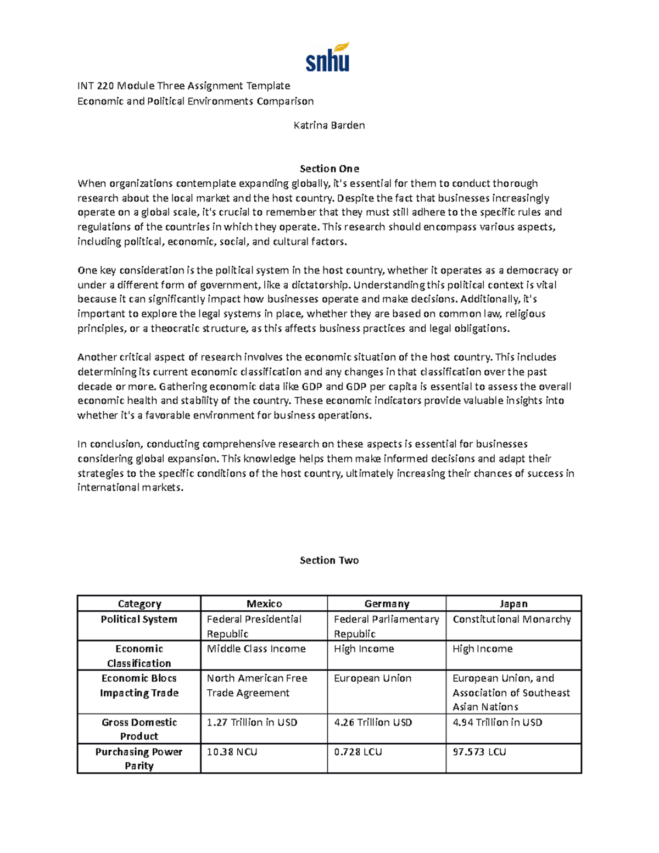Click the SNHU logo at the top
[x=328, y=58]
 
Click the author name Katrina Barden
[x=329, y=125]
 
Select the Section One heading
[x=329, y=169]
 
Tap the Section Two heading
[x=329, y=560]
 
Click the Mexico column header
[x=264, y=604]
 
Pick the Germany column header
[x=387, y=604]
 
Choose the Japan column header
[x=513, y=604]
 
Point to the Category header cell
[x=139, y=604]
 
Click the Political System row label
[x=139, y=619]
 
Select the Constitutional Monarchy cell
[x=512, y=619]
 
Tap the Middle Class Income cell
[x=256, y=649]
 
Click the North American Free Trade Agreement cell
[x=256, y=685]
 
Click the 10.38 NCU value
[x=232, y=751]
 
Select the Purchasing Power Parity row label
[x=139, y=759]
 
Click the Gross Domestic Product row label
[x=139, y=729]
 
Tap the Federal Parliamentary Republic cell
[x=386, y=626]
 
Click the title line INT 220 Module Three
[x=183, y=86]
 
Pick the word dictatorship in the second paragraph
[x=321, y=285]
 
